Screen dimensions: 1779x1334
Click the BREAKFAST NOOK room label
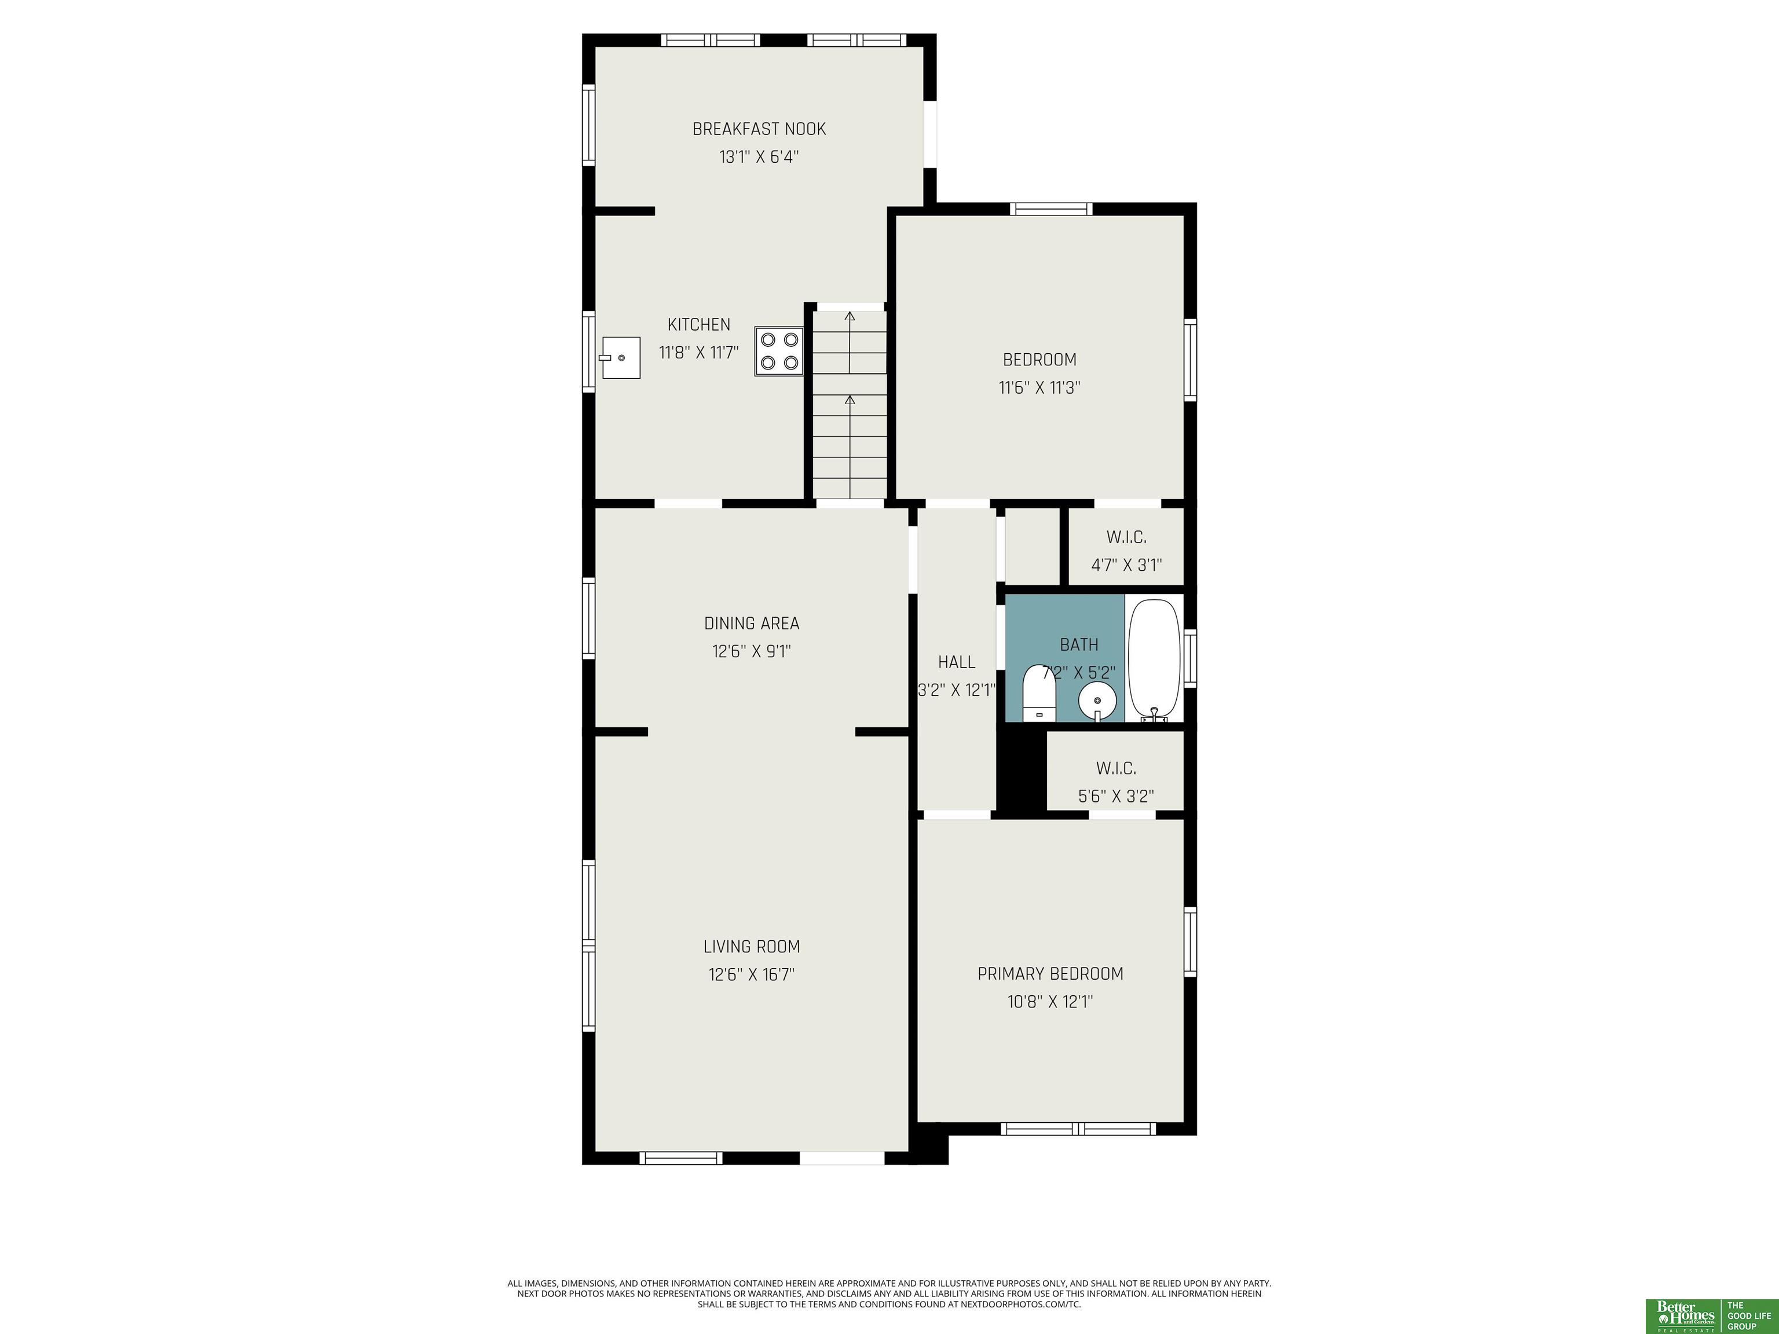click(759, 129)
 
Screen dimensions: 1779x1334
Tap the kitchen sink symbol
click(620, 358)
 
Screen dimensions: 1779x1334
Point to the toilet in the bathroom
click(1039, 693)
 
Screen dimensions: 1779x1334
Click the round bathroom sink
click(1097, 702)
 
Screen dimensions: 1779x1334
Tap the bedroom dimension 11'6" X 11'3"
click(1039, 387)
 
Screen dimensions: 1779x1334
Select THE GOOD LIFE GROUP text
click(1749, 1315)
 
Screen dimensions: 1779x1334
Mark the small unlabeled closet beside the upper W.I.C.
click(1032, 546)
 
